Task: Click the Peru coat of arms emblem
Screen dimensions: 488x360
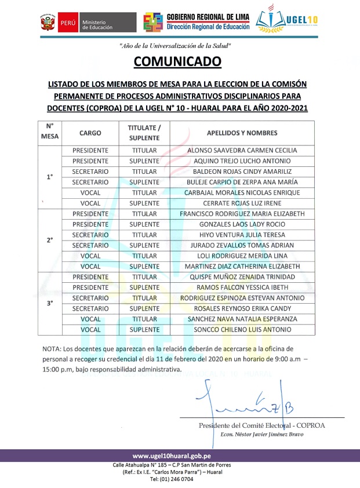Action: tap(47, 24)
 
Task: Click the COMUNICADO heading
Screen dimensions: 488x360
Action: tap(177, 61)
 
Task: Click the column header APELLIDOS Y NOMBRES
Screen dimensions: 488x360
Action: tap(242, 133)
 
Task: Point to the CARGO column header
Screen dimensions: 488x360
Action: tap(90, 133)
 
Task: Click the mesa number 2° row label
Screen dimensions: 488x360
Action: tap(50, 240)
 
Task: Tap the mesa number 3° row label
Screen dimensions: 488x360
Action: tap(50, 303)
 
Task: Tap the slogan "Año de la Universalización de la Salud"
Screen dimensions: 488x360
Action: tap(175, 45)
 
